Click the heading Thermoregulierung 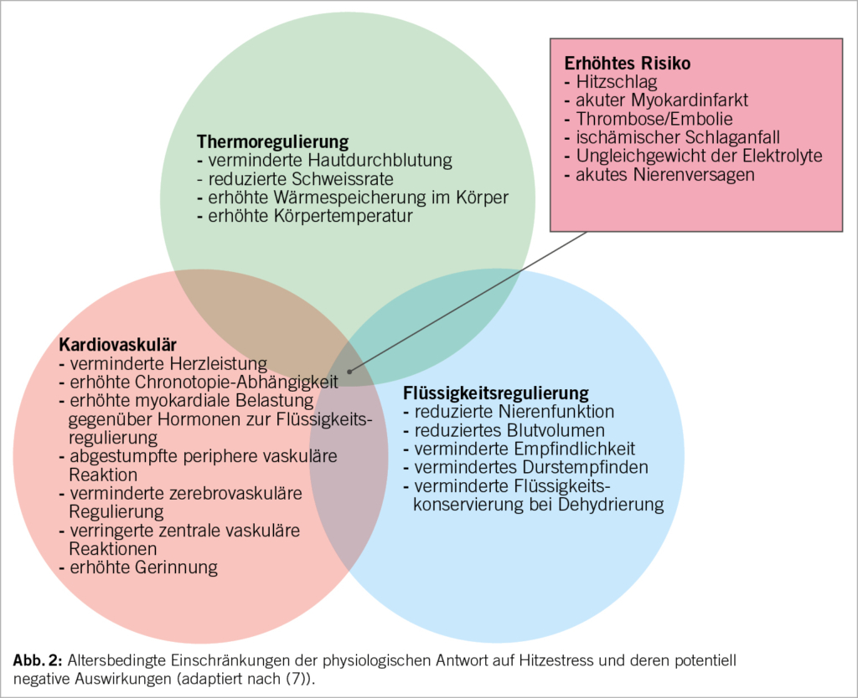point(272,141)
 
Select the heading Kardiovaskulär point(118,344)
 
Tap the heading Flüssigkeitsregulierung point(496,393)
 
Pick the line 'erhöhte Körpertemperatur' point(304,215)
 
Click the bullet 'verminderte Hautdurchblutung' point(324,160)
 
